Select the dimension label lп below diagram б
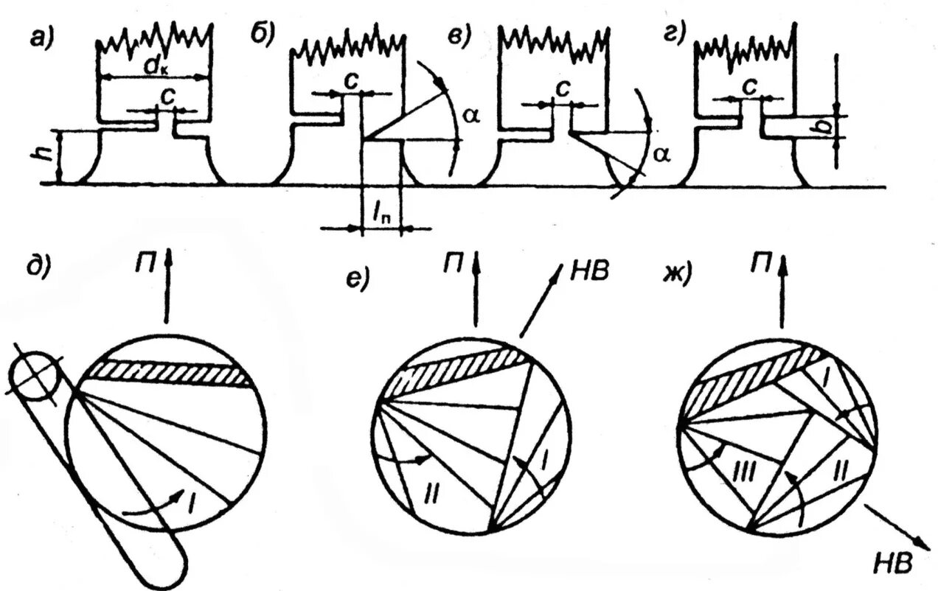pos(382,214)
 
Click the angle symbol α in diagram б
pos(470,115)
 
